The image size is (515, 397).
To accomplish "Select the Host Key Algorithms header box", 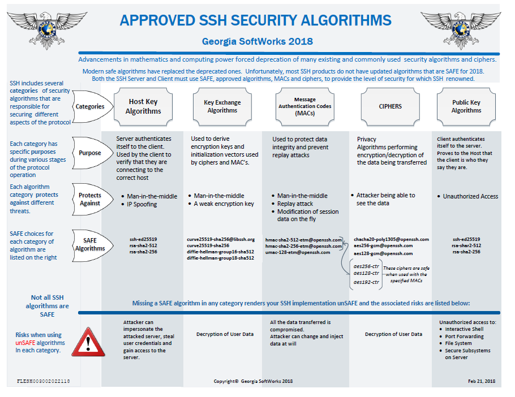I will [143, 106].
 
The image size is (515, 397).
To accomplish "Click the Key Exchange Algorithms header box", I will [222, 106].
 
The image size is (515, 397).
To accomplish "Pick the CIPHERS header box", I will [390, 106].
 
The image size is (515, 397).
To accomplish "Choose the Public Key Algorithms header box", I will [466, 106].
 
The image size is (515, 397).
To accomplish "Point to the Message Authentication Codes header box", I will [305, 106].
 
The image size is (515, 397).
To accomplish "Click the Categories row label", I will [90, 106].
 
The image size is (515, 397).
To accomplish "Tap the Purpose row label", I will [90, 153].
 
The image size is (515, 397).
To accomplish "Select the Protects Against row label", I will [90, 199].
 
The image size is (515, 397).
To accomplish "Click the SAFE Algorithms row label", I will [90, 244].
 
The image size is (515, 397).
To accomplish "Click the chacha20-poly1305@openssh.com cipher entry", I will [391, 239].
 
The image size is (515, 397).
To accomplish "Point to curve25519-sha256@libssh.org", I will [221, 239].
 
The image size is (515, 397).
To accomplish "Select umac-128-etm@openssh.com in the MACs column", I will [298, 253].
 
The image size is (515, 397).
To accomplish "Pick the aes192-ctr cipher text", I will [366, 282].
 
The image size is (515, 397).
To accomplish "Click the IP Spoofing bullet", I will [142, 205].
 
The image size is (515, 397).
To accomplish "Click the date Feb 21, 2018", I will [482, 382].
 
